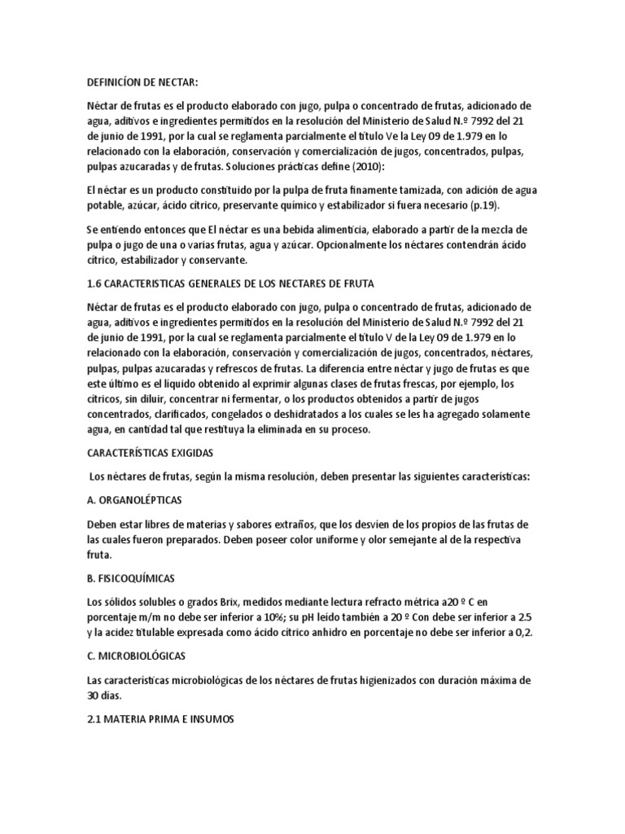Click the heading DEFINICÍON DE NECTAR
[142, 82]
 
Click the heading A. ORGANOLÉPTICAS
[134, 499]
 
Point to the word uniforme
[321, 538]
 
